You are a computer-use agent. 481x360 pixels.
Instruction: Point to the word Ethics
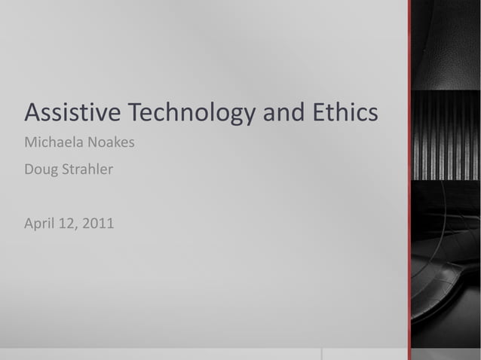point(342,113)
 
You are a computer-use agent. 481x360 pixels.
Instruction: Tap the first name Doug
point(41,170)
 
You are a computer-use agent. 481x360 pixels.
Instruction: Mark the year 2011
point(99,223)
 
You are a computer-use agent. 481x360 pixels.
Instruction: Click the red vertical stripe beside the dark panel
point(409,180)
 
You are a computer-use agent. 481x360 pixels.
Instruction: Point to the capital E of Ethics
point(314,113)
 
